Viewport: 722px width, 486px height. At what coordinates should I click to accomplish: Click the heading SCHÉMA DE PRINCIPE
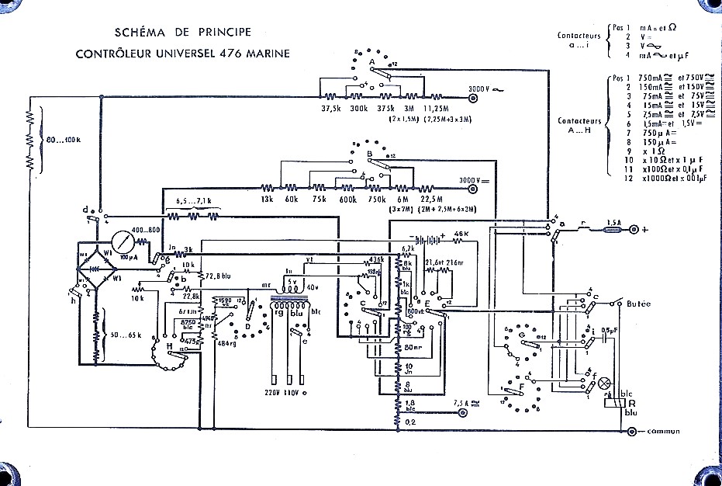tap(183, 33)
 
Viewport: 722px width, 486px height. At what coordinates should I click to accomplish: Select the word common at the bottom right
tap(664, 432)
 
